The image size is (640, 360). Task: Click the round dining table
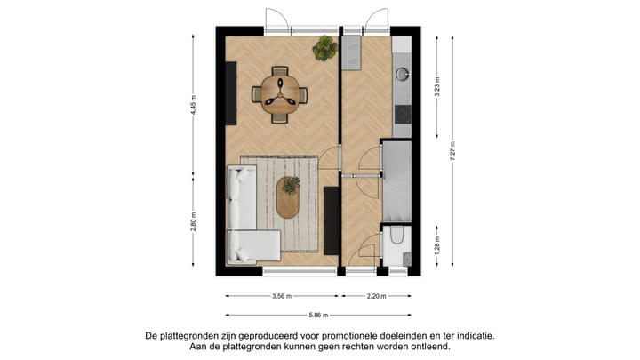click(279, 92)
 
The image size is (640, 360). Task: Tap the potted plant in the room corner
click(324, 48)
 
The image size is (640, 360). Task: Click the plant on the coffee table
click(291, 186)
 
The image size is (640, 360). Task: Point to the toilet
click(396, 238)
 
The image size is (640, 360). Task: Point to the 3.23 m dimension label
click(437, 89)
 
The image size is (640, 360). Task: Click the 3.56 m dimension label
click(280, 297)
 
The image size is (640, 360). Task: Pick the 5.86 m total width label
click(318, 315)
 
